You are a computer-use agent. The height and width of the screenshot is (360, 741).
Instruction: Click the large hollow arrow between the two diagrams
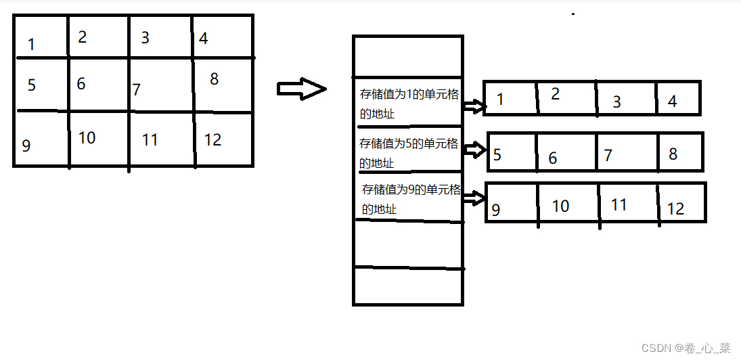[x=302, y=89]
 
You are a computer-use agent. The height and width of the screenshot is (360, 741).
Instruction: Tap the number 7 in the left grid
[x=137, y=89]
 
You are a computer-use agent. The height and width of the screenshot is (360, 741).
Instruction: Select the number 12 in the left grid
[x=212, y=139]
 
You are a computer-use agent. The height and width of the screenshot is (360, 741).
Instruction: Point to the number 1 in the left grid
[x=31, y=45]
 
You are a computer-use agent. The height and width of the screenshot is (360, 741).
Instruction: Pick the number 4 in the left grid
[x=203, y=38]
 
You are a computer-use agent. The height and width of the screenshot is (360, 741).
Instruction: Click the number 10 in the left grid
[x=87, y=137]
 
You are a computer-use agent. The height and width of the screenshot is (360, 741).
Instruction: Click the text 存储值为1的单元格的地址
[x=409, y=104]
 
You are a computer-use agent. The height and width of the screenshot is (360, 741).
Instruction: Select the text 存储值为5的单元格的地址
[x=409, y=153]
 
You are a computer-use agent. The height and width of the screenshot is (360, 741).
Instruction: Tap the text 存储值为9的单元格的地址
[x=410, y=199]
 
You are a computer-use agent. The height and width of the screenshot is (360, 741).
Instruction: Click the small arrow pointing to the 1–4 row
[x=475, y=106]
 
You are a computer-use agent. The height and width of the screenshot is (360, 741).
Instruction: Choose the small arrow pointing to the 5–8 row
[x=476, y=150]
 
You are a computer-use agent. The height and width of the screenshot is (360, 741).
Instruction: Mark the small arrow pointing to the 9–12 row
[x=475, y=198]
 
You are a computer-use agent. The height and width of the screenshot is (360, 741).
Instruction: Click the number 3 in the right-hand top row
[x=616, y=102]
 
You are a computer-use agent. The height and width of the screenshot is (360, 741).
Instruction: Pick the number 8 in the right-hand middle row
[x=673, y=154]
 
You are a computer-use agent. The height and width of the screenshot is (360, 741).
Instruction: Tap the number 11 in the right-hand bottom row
[x=619, y=204]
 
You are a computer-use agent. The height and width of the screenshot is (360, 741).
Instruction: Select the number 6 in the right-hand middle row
[x=553, y=158]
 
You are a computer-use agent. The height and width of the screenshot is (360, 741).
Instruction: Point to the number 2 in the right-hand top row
[x=556, y=94]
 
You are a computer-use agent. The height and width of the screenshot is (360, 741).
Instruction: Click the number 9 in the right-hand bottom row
[x=496, y=210]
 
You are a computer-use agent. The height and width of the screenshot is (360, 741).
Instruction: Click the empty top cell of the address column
[x=407, y=56]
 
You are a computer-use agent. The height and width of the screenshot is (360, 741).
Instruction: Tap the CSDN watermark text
[x=686, y=348]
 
